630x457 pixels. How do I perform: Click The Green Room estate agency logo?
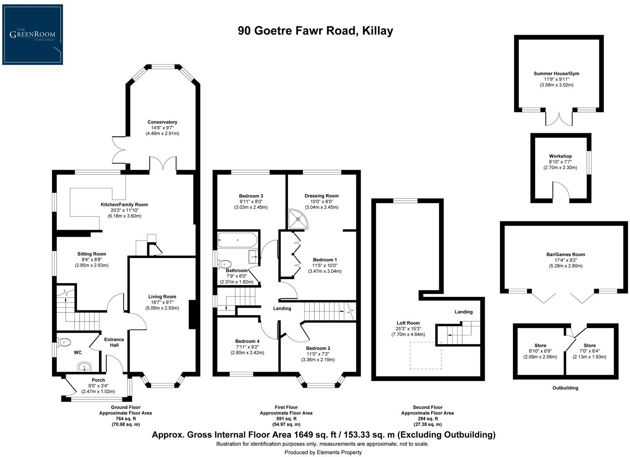[x=32, y=35]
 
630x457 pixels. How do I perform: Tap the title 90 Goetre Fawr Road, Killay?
[x=315, y=31]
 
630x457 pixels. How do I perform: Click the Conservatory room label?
[x=162, y=122]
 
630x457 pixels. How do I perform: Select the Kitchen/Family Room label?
[x=124, y=205]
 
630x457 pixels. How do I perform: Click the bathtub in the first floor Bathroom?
[x=238, y=240]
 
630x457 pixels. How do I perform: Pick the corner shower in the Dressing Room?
[x=298, y=219]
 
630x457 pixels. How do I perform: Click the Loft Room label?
[x=408, y=323]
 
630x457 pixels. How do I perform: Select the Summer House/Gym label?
[x=556, y=74]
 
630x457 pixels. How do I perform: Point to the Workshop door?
[x=561, y=190]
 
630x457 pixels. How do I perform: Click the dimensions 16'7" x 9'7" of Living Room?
[x=162, y=303]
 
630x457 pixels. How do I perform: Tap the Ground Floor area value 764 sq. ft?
[x=125, y=418]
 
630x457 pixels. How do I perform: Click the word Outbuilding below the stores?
[x=565, y=388]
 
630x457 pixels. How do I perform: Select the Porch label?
[x=98, y=380]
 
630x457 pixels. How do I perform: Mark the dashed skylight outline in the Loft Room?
[x=425, y=355]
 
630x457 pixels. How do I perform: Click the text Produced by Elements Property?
[x=323, y=452]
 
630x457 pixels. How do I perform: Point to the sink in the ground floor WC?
[x=83, y=368]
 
